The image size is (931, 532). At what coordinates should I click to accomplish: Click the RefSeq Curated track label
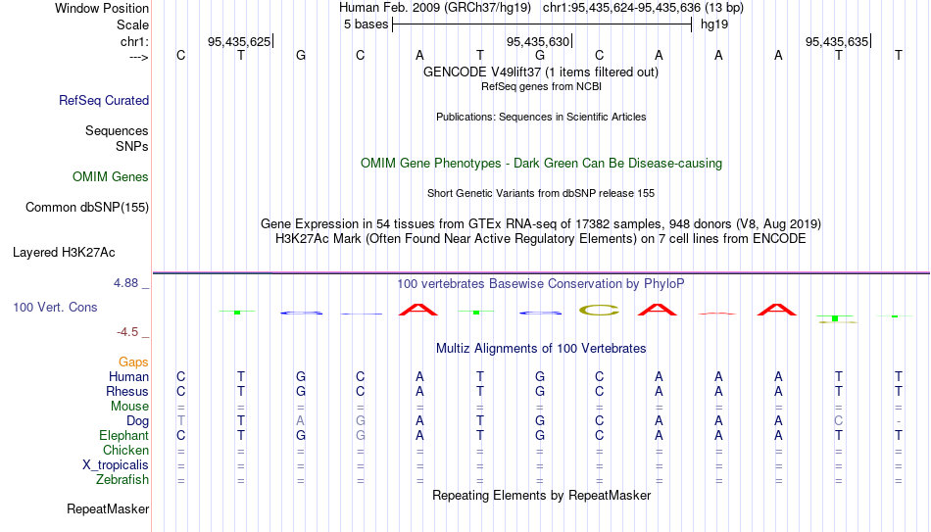pyautogui.click(x=104, y=100)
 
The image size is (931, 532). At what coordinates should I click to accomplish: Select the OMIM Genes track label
pyautogui.click(x=111, y=177)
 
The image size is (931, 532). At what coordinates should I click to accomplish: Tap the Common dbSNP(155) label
pyautogui.click(x=87, y=208)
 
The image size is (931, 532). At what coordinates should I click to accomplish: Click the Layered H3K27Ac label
pyautogui.click(x=64, y=253)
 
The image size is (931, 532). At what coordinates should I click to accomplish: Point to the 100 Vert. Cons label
pyautogui.click(x=55, y=307)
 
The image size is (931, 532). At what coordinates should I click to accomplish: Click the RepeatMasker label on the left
pyautogui.click(x=108, y=508)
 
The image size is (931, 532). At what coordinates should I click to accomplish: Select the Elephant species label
pyautogui.click(x=124, y=436)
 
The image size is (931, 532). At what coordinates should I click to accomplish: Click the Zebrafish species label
pyautogui.click(x=122, y=480)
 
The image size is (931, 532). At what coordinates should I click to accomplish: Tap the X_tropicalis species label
pyautogui.click(x=116, y=465)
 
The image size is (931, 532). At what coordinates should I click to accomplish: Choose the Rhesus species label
pyautogui.click(x=127, y=392)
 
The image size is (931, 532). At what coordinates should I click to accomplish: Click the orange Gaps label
pyautogui.click(x=133, y=363)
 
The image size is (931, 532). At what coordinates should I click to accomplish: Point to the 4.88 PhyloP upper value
pyautogui.click(x=125, y=283)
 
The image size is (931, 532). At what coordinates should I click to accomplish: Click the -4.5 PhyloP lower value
pyautogui.click(x=127, y=332)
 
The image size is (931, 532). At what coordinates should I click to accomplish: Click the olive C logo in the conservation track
pyautogui.click(x=599, y=310)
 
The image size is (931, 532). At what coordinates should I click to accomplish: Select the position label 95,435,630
pyautogui.click(x=538, y=41)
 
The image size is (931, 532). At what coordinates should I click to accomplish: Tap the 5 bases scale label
pyautogui.click(x=366, y=24)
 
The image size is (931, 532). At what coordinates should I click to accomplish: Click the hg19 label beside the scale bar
pyautogui.click(x=714, y=24)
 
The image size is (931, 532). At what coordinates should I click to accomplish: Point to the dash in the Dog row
pyautogui.click(x=899, y=421)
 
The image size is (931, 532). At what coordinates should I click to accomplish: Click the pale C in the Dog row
pyautogui.click(x=838, y=421)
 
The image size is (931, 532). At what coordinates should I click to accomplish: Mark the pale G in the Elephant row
pyautogui.click(x=361, y=436)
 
